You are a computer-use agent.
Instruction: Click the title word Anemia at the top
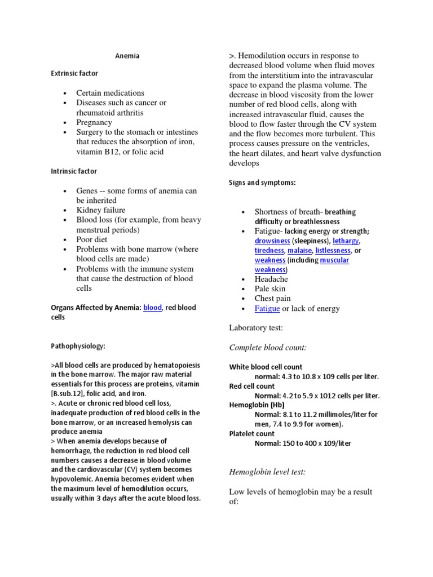coord(127,56)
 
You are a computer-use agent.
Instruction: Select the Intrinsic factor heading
coord(73,171)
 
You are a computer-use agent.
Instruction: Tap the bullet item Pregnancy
coord(94,122)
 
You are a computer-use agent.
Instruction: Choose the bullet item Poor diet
coord(92,239)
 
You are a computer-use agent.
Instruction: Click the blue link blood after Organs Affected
coord(152,308)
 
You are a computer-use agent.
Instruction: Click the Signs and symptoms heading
coord(262,183)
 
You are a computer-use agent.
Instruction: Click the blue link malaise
coord(299,250)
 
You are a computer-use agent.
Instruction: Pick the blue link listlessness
coord(333,250)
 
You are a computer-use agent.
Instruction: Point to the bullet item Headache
coord(271,279)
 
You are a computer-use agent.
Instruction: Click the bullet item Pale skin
coord(270,288)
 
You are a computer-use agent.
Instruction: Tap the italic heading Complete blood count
coord(268,347)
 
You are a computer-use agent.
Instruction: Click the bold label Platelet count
coord(252,434)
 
